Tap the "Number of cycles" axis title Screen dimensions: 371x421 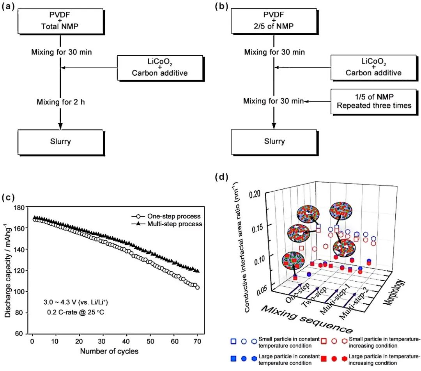[x=109, y=351]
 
